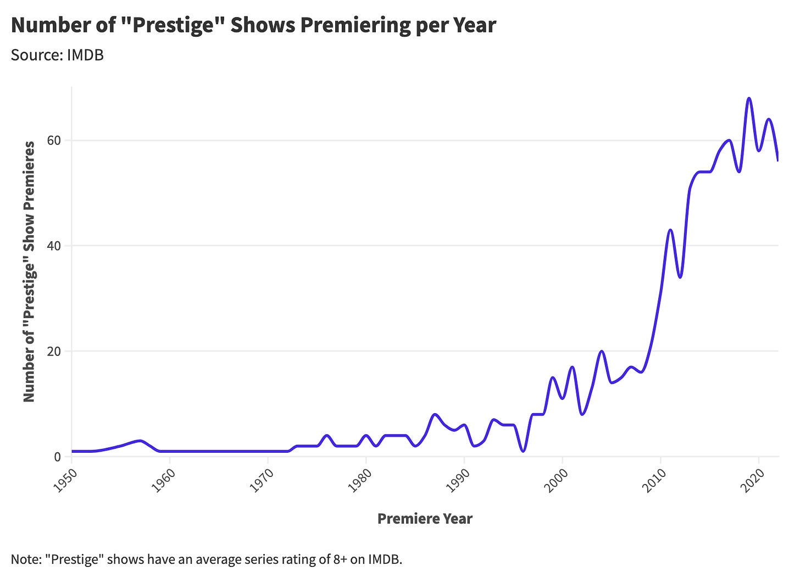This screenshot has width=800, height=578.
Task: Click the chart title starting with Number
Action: [x=253, y=25]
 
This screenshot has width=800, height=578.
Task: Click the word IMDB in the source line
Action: [x=85, y=55]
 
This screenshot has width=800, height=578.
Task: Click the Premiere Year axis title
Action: [x=425, y=519]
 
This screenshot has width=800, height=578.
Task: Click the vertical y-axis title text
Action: [x=29, y=271]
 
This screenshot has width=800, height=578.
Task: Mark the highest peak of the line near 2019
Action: [x=749, y=98]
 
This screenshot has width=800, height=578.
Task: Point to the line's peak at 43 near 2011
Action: [x=670, y=230]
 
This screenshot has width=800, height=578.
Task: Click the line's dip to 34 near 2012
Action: [x=680, y=277]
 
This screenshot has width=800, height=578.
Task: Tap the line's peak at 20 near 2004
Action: [x=602, y=351]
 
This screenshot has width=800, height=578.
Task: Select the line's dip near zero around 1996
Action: [x=523, y=451]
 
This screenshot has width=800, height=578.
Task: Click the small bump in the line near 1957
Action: [x=141, y=441]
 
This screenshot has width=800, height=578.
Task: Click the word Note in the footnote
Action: [x=24, y=560]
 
